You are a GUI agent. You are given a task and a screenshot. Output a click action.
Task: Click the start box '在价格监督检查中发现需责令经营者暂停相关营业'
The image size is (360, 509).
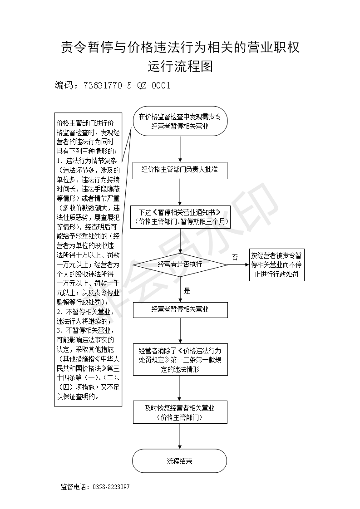pos(180,121)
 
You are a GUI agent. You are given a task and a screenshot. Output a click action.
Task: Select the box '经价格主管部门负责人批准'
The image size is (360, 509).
pos(180,170)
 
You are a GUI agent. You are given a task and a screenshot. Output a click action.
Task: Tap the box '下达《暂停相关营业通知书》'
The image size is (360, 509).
pos(180,217)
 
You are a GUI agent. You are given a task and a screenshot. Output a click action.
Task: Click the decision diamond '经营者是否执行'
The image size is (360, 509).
pos(180,264)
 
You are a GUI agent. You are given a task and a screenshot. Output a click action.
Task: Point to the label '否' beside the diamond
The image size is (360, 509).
pos(235,257)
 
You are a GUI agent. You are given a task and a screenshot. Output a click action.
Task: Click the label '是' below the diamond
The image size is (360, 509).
pos(187,291)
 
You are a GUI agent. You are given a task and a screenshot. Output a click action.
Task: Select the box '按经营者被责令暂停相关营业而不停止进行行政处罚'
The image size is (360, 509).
pos(277,264)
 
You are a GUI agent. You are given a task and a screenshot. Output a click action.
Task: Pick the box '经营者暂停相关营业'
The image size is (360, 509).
pos(180,310)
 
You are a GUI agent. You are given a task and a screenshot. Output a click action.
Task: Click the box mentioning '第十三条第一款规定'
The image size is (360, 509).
pos(180,360)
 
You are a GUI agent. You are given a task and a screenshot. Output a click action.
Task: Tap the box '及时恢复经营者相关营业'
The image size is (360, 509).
pos(180,412)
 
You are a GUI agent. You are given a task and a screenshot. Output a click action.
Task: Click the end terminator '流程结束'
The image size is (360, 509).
pos(179,461)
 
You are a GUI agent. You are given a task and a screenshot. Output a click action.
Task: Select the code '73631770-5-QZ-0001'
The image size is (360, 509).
pos(127,85)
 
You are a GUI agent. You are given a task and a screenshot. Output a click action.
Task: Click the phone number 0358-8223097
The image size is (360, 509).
pos(111,487)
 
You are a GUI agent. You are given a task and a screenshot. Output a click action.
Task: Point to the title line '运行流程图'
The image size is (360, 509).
pos(180,66)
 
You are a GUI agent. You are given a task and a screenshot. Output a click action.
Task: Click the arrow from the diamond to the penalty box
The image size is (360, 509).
pos(238,264)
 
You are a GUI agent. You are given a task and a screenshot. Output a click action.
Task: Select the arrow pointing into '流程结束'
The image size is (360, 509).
pos(180,436)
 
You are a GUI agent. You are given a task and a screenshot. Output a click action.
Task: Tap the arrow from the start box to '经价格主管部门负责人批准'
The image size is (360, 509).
pos(180,149)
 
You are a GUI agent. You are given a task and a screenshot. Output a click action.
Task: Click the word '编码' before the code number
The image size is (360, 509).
pos(64,85)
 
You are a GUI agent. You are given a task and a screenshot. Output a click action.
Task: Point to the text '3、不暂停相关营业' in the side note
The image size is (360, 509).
pos(85,331)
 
